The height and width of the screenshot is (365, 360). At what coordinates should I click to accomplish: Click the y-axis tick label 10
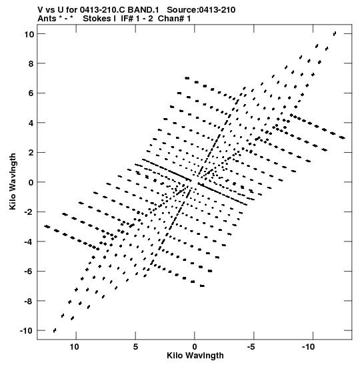[x=29, y=34]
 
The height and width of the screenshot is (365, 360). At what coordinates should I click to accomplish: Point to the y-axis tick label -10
[x=27, y=330]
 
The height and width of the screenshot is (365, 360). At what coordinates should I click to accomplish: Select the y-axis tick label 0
[x=31, y=182]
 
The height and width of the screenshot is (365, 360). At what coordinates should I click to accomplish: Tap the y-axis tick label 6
[x=31, y=93]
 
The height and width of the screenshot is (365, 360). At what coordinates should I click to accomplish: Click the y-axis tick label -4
[x=29, y=242]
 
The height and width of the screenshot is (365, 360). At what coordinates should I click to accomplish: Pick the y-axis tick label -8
[x=29, y=301]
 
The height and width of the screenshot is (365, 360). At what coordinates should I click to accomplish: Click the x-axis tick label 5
[x=135, y=347]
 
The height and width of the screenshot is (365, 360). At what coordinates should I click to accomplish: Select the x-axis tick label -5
[x=251, y=347]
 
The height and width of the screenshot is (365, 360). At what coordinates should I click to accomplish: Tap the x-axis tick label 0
[x=195, y=347]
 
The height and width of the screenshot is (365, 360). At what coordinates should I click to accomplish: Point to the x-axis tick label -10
[x=309, y=347]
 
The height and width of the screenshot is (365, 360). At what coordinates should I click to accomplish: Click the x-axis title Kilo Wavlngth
[x=195, y=356]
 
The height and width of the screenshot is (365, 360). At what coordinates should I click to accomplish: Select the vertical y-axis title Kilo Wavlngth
[x=13, y=181]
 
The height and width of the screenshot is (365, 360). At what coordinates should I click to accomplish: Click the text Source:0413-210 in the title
[x=201, y=10]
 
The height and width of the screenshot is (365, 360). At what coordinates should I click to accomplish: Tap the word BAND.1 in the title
[x=143, y=10]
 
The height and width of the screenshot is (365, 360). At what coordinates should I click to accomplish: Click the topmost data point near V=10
[x=335, y=34]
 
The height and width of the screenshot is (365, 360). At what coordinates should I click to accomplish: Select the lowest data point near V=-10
[x=55, y=330]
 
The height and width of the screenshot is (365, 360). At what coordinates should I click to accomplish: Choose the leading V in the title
[x=40, y=10]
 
